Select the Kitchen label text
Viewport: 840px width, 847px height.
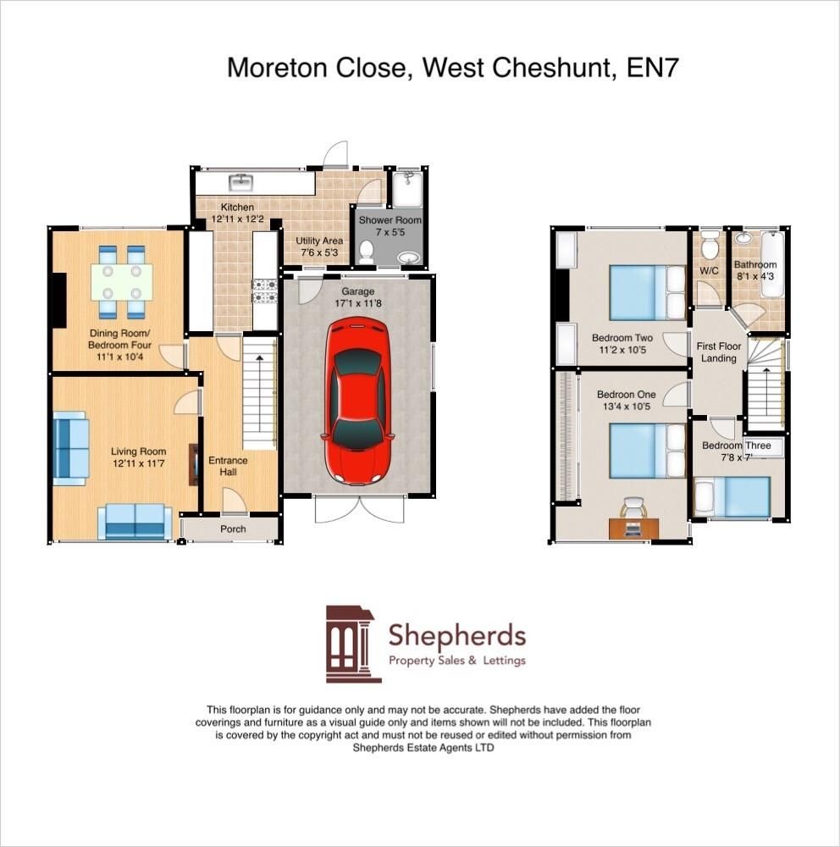pos(237,208)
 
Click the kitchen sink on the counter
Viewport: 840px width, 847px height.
pos(241,180)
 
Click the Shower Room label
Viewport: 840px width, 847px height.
pos(390,220)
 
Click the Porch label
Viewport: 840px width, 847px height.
pos(233,529)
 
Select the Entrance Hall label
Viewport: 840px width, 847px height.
pos(228,467)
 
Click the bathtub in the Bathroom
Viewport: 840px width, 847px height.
pos(771,265)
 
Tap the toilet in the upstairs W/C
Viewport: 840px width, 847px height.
pos(709,241)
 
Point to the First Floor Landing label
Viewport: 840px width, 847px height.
pos(717,352)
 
